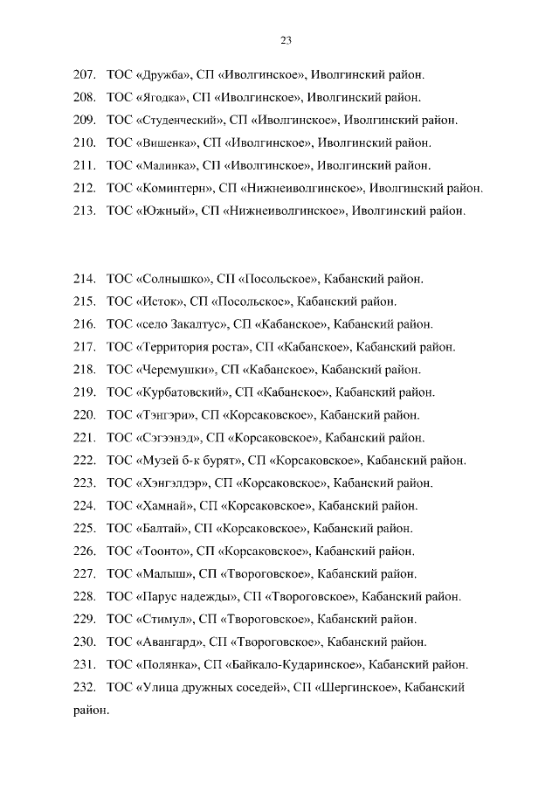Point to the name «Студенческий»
(x=181, y=120)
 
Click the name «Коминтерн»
(x=176, y=188)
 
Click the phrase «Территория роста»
(x=193, y=347)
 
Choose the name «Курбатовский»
(x=182, y=392)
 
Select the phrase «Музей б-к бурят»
(x=188, y=461)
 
